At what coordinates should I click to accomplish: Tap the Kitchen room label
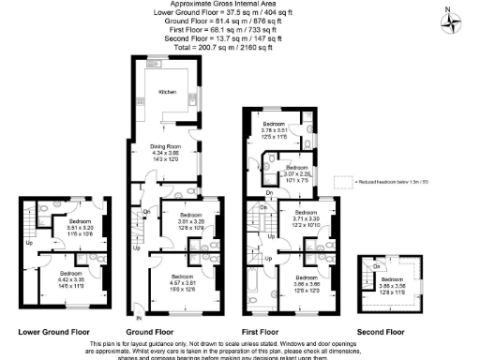point(167,93)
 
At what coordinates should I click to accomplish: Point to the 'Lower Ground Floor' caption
point(54,332)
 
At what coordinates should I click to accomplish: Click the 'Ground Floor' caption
point(150,332)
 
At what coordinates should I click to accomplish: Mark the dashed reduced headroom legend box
point(344,181)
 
